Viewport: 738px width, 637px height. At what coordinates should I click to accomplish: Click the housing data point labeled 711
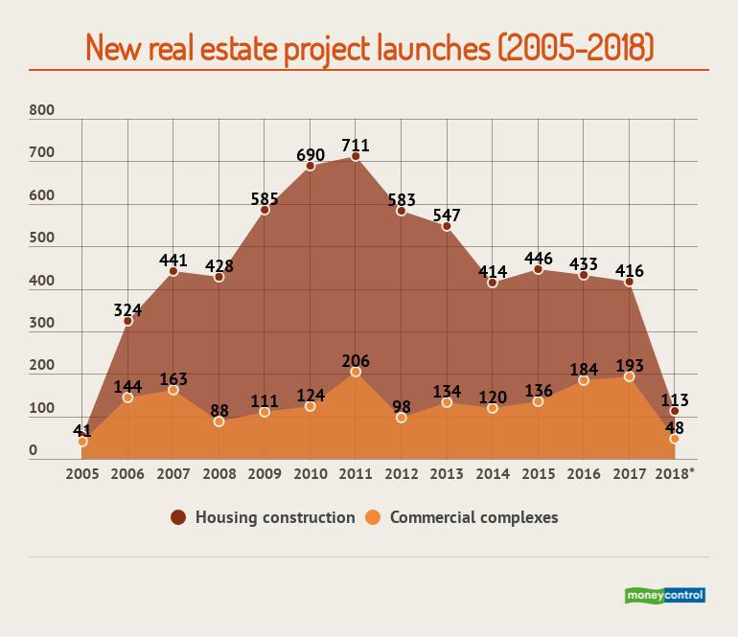(356, 157)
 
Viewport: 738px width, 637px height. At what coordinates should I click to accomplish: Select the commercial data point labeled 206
(356, 372)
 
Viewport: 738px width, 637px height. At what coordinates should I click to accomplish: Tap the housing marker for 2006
(127, 321)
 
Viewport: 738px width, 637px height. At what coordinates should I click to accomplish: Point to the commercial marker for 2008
(219, 421)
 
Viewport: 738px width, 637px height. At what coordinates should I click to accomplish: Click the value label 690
(310, 153)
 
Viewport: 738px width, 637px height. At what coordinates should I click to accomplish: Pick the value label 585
(265, 198)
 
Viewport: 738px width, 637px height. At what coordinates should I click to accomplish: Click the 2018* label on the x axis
(675, 472)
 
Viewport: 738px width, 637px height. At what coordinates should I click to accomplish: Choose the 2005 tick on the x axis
(81, 472)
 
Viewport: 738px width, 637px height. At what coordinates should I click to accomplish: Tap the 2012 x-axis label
(401, 472)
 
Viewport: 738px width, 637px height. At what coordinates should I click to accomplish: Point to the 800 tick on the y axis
(42, 111)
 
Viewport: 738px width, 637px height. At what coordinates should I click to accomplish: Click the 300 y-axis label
(42, 323)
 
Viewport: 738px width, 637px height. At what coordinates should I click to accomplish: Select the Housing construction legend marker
(178, 517)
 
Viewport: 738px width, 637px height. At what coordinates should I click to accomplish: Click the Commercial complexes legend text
(473, 517)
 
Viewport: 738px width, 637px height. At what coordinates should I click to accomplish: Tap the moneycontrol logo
(665, 595)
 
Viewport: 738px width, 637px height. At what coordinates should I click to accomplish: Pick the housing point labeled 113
(675, 411)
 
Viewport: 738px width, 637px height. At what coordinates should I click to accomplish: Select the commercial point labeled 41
(82, 442)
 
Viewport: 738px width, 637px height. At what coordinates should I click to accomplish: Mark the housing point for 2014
(493, 283)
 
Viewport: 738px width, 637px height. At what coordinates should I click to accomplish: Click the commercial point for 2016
(584, 380)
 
